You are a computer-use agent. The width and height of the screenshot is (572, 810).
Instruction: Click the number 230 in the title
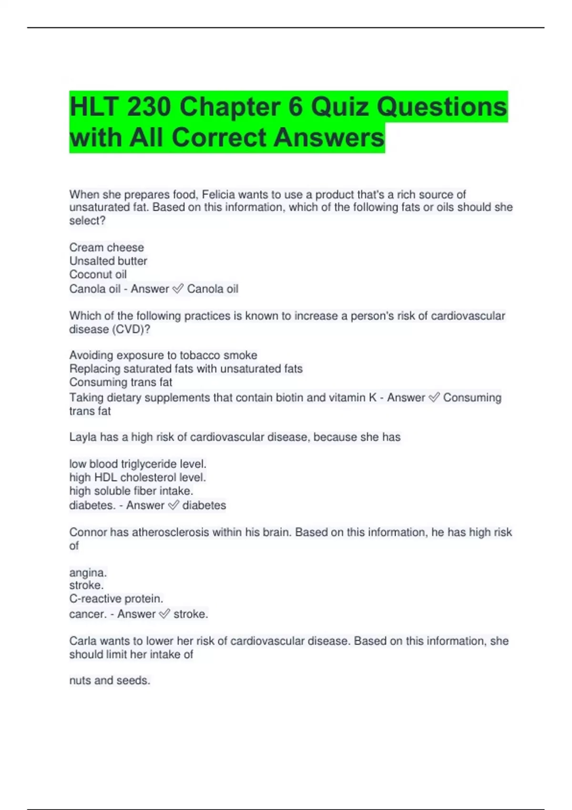148,106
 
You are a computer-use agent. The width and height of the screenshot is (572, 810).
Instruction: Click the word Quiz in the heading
340,106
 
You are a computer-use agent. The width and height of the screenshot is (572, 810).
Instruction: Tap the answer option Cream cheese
106,247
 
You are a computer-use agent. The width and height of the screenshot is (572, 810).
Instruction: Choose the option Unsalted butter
108,261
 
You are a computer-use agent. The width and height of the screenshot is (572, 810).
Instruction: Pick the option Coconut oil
98,274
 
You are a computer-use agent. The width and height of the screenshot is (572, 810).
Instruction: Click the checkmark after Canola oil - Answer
178,289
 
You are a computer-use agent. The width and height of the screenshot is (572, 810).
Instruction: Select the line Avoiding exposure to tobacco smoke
163,355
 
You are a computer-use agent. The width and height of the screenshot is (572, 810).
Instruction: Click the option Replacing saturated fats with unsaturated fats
186,369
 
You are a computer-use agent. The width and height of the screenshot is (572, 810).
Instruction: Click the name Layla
82,437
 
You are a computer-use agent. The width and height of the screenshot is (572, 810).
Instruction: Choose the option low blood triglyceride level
138,464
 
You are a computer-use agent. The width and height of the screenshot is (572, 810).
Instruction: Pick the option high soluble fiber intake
131,491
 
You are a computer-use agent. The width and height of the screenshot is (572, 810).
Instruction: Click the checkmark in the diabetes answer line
174,505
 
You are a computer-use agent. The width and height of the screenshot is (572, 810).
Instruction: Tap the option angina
88,572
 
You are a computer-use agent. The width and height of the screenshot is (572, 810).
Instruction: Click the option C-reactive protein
116,598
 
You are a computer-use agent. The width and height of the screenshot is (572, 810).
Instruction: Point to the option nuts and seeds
110,680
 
